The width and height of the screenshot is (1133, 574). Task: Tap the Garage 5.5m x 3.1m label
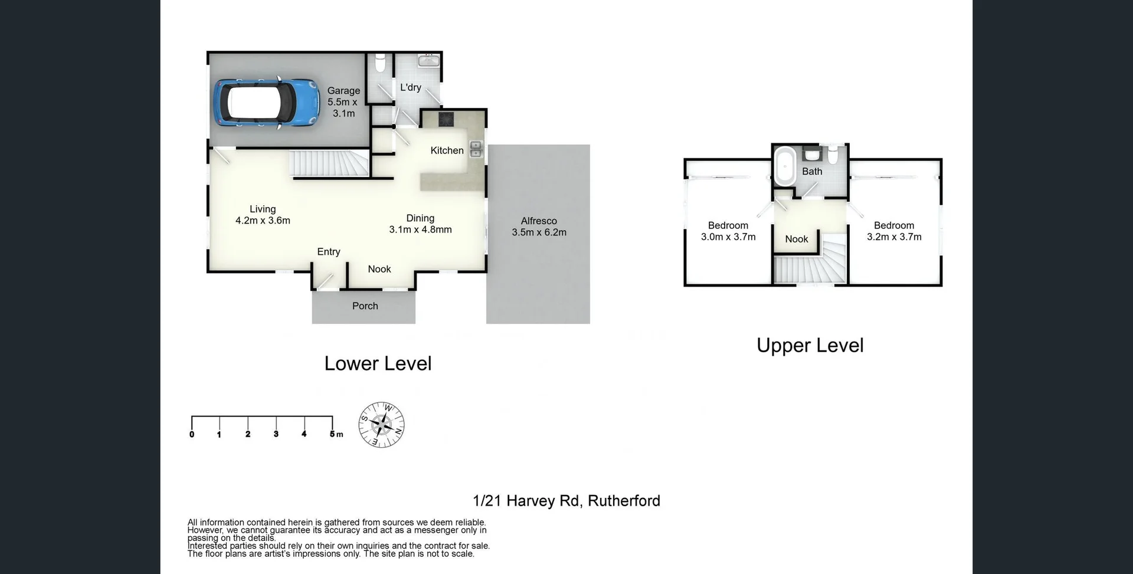[x=343, y=101]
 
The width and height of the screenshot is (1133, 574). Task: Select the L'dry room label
[x=411, y=87]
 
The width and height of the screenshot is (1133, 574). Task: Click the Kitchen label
[x=447, y=150]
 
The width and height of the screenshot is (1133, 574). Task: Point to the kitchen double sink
[x=476, y=149]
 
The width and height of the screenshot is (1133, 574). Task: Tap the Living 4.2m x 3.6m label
[x=263, y=215]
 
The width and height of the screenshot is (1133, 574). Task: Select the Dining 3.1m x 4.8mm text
[x=420, y=224]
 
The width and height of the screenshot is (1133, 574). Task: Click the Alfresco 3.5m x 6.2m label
[x=539, y=227]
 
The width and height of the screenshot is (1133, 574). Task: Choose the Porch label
[x=365, y=306]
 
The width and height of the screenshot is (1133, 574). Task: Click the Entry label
[x=329, y=252]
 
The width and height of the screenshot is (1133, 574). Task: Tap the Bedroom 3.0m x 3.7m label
[x=728, y=231]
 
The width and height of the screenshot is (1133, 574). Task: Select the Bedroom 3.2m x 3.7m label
[x=894, y=231]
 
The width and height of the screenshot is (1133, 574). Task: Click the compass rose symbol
[x=382, y=425]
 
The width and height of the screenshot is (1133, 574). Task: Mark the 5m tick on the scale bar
[x=332, y=425]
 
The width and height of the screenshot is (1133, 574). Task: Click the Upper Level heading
[x=810, y=346]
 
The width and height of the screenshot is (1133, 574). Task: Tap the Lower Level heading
[x=378, y=363]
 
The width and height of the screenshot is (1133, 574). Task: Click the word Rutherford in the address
[x=624, y=501]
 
